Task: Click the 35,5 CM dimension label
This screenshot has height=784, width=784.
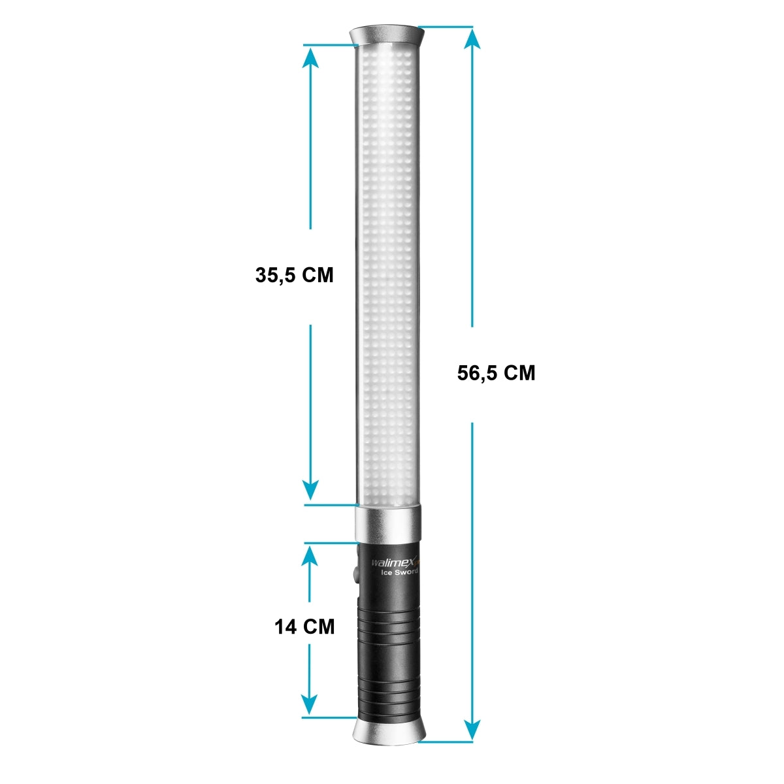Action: point(294,275)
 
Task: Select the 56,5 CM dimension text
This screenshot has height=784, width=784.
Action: point(496,373)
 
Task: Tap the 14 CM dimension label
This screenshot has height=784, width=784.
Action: point(304,627)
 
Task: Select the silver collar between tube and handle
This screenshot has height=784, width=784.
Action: point(388,523)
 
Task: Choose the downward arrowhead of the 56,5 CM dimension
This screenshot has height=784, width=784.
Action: point(472,729)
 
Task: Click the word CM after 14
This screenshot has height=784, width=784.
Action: point(320,627)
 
